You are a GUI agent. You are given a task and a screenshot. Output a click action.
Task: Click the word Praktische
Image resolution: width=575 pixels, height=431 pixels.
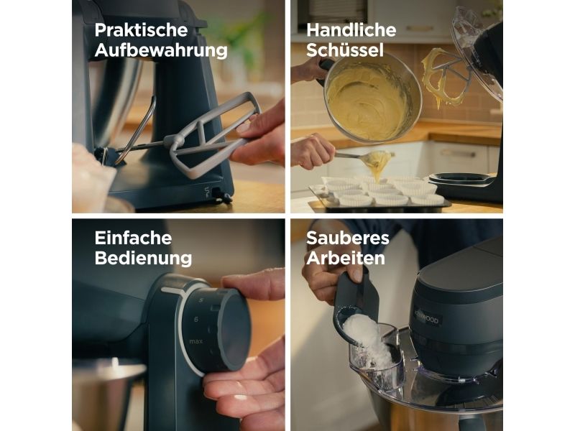pos(141,30)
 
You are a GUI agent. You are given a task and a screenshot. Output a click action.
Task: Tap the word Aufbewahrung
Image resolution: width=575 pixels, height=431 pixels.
pos(161,50)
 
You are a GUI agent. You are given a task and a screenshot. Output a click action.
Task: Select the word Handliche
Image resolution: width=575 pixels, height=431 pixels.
pos(351,30)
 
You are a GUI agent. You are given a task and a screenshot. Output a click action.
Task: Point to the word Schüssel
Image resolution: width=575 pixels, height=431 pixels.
pos(345,50)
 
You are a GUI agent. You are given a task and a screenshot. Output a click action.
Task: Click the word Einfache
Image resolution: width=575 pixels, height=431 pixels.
pos(133,238)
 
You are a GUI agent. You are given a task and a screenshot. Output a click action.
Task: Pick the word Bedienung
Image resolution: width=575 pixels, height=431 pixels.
pos(143,259)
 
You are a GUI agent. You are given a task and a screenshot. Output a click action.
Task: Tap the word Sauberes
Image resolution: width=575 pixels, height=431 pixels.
pos(348,238)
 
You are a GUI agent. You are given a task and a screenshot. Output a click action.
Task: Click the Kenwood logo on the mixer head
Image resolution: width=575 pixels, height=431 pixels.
pos(426,318)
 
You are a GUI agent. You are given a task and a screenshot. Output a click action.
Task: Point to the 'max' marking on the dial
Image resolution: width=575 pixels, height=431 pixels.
pos(195,341)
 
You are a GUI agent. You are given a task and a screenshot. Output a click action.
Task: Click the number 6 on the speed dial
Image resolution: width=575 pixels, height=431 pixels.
pos(195,320)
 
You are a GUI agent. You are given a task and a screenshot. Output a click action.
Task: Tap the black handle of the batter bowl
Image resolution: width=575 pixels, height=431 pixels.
pos(326,70)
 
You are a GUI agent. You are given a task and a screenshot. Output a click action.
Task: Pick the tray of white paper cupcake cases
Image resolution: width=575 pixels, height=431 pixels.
pos(379,193)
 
